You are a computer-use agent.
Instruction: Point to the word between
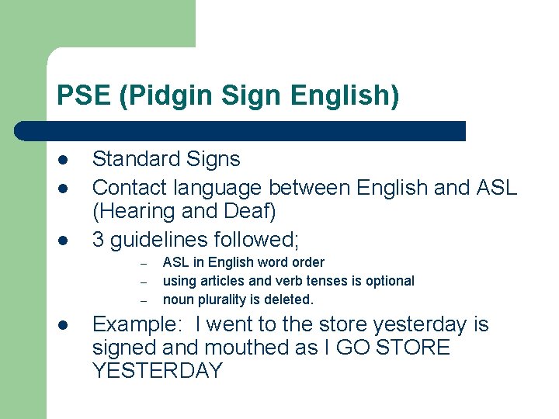(311, 188)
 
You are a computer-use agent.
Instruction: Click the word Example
(136, 324)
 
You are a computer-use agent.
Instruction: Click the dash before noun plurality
(144, 300)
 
